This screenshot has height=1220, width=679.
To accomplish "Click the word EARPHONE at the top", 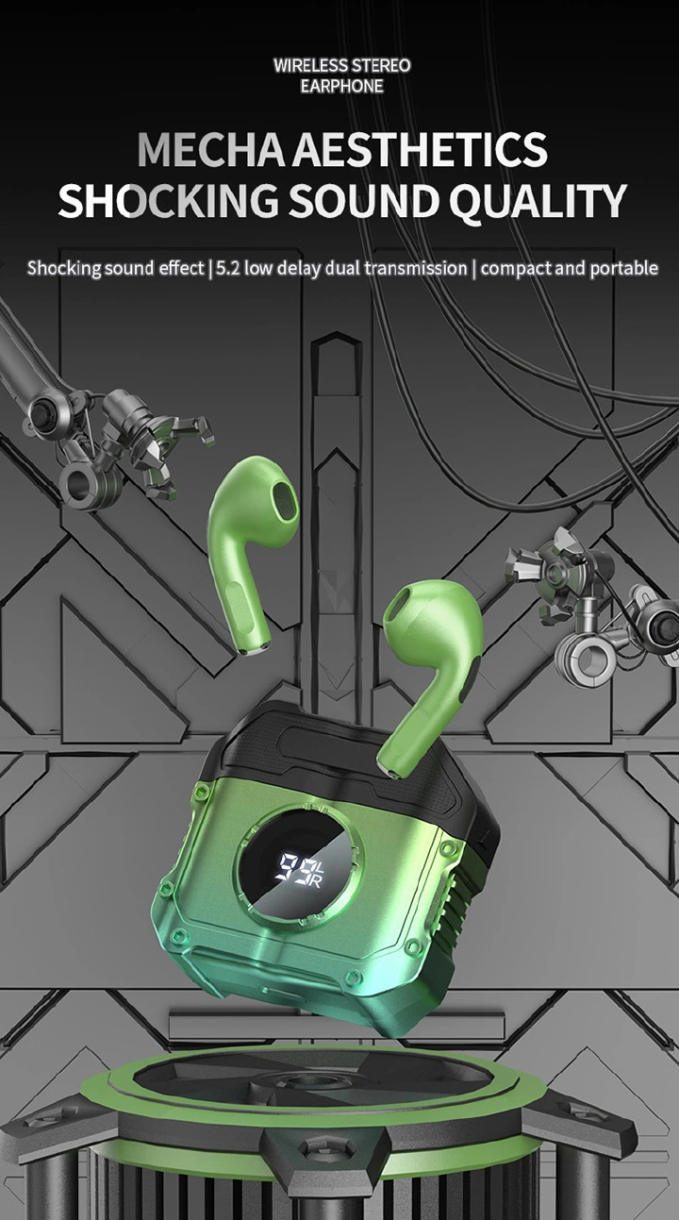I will (x=341, y=86).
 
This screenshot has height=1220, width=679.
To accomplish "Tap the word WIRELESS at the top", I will (x=308, y=65).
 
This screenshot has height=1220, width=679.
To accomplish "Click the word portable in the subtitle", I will (x=623, y=268).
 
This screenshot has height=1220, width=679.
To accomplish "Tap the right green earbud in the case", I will (x=429, y=660).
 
